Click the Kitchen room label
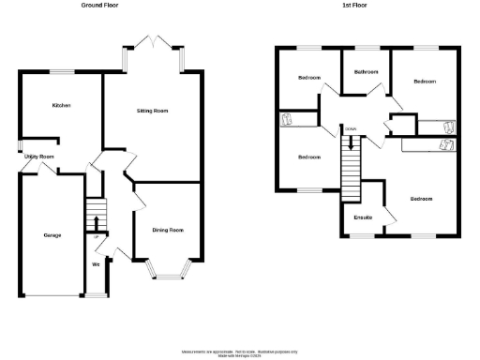pos(62,106)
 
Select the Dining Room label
pos(167,230)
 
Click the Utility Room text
pos(40,157)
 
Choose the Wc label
pos(96,264)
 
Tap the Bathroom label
pos(365,72)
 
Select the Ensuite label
pos(363,218)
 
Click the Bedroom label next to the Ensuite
pos(421,199)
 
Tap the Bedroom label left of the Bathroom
pos(308,77)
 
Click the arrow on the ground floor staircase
pos(97,221)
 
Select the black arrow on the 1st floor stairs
pos(352,143)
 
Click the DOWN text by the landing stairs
pos(351,128)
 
